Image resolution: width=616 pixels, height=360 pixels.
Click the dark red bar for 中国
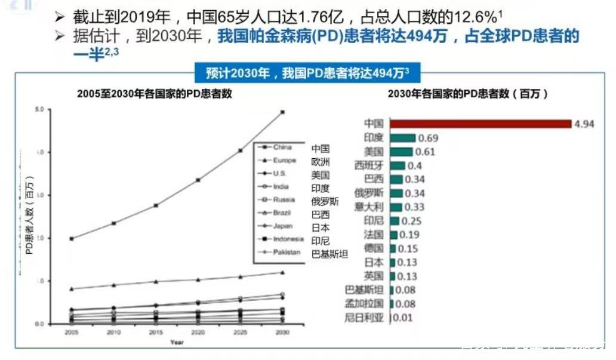coord(481,124)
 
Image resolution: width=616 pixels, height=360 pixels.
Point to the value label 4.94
coord(585,124)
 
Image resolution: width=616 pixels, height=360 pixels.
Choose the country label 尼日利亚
coord(365,317)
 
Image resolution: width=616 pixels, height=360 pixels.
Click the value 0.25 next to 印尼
coord(411,221)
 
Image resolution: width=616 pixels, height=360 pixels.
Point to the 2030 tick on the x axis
coord(282,331)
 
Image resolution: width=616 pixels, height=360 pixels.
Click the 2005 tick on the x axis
coord(71,331)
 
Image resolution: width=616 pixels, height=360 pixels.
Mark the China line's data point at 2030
coord(282,112)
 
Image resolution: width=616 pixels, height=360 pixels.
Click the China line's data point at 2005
coord(72,239)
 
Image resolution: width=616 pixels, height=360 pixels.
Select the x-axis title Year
coord(177,342)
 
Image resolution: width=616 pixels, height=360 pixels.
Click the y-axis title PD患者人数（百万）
coord(28,216)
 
